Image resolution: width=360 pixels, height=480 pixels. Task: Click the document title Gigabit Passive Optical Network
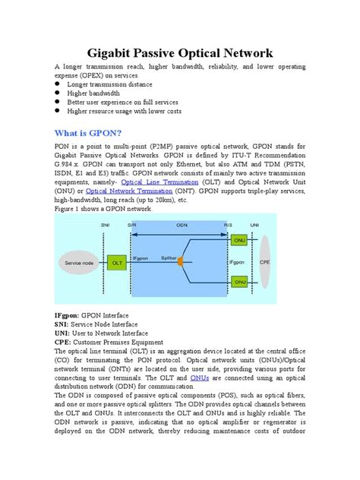(180, 52)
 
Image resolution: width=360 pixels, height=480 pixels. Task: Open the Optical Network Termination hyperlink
(118, 191)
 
